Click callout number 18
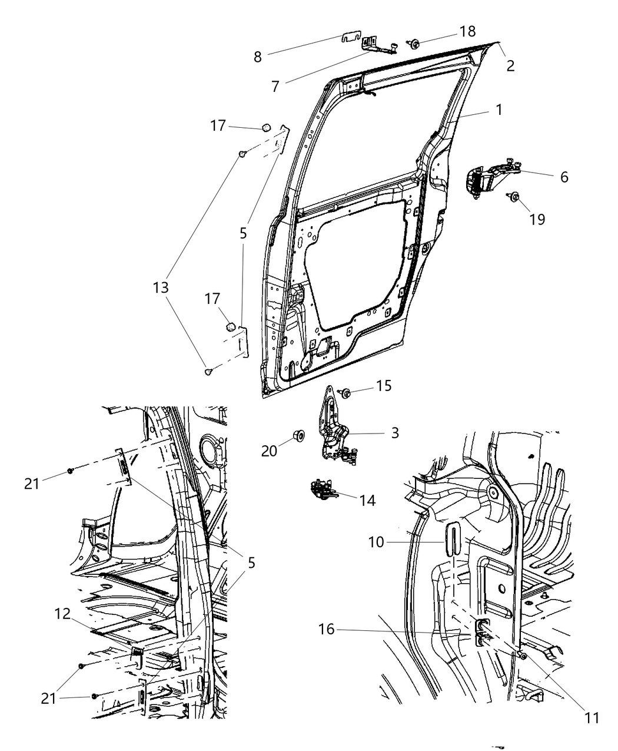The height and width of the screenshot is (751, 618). [468, 31]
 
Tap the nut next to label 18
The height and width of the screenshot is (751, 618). [414, 43]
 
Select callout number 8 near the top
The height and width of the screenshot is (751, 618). [258, 57]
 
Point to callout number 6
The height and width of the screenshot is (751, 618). [564, 177]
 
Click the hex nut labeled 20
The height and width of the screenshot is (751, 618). [299, 436]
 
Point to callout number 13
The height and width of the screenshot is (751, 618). [161, 287]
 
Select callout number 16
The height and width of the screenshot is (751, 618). [326, 630]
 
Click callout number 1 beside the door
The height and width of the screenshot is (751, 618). [498, 110]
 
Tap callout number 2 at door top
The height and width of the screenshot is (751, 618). [510, 65]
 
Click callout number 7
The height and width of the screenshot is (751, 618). [275, 86]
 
